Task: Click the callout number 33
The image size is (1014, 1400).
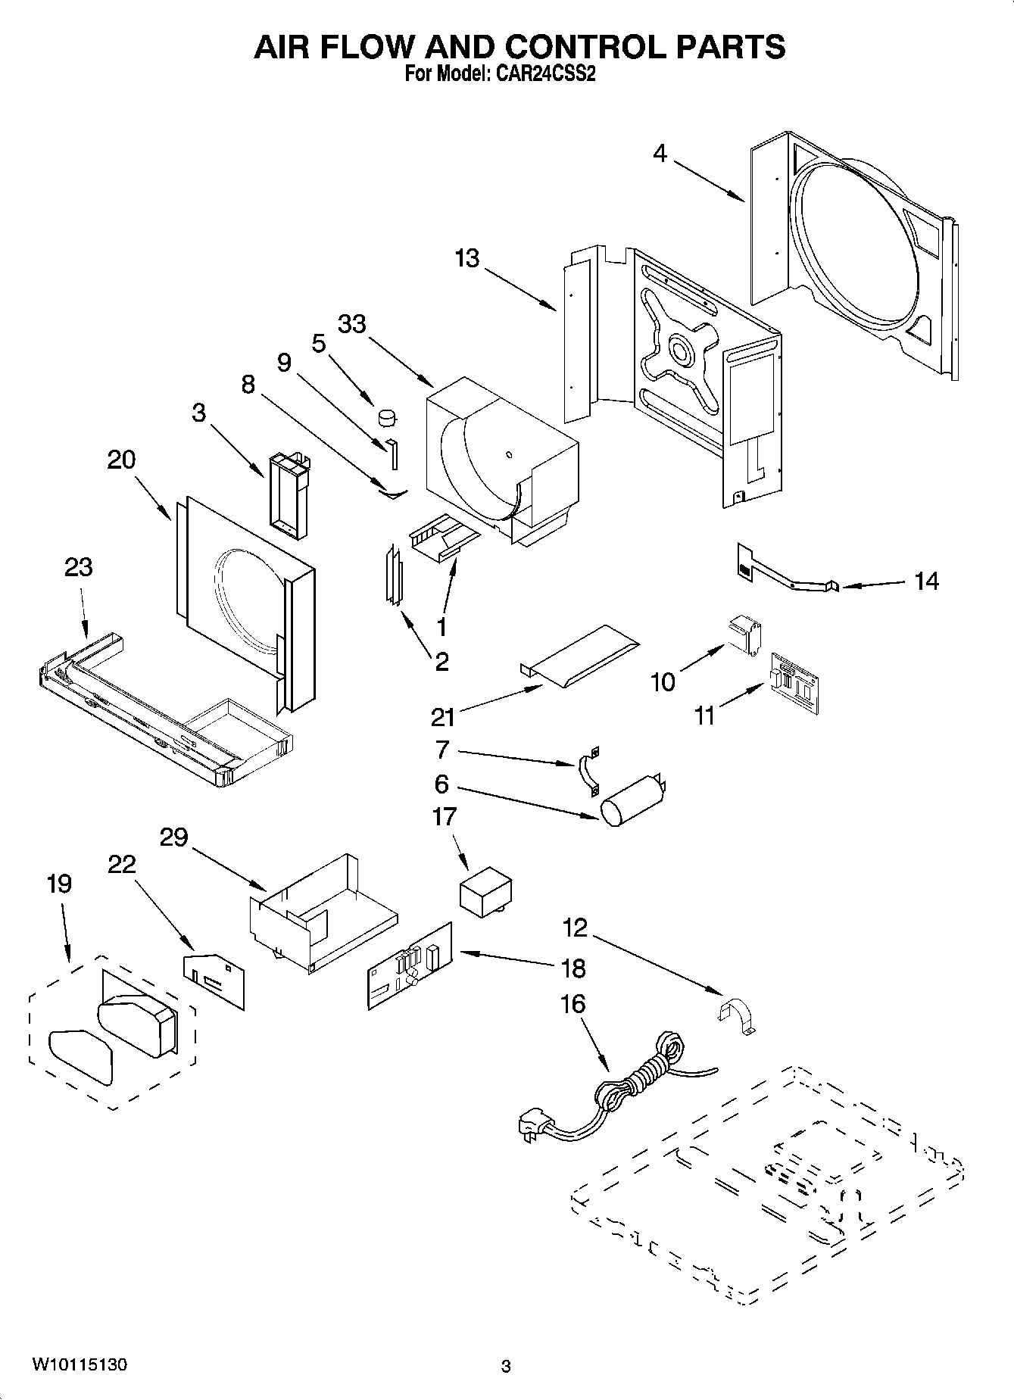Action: point(351,324)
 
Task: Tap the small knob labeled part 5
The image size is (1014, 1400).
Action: point(388,416)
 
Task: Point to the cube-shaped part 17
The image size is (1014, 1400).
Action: point(485,893)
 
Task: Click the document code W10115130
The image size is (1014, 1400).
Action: point(79,1364)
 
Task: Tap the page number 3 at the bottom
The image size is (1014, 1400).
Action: point(506,1366)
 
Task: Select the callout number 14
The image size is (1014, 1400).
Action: point(926,582)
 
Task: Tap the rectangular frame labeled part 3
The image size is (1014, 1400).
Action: point(289,495)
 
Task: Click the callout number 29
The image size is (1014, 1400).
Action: point(173,837)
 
